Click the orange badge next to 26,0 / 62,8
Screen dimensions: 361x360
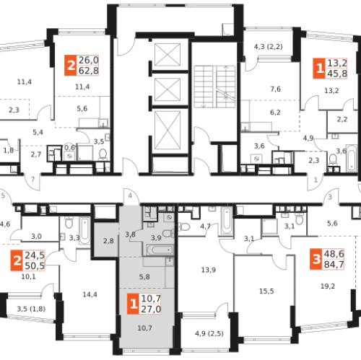[71, 66]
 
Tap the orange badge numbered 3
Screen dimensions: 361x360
[316, 259]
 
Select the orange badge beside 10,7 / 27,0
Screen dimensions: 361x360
[133, 304]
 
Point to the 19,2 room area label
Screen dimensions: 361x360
[328, 286]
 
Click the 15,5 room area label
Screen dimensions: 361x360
[266, 291]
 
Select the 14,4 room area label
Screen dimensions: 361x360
[90, 294]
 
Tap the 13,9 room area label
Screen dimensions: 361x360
[209, 270]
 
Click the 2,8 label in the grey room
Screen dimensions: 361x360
[108, 241]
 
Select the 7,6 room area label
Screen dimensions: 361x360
[275, 89]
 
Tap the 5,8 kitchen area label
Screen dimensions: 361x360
[144, 277]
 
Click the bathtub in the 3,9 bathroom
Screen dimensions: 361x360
[160, 250]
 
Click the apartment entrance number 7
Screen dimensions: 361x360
[33, 179]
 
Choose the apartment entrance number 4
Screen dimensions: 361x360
[130, 196]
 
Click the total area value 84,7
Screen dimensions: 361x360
[334, 265]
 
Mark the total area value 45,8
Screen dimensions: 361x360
[337, 74]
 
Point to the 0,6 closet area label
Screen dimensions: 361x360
[69, 147]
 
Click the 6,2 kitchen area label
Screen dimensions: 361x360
[275, 113]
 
